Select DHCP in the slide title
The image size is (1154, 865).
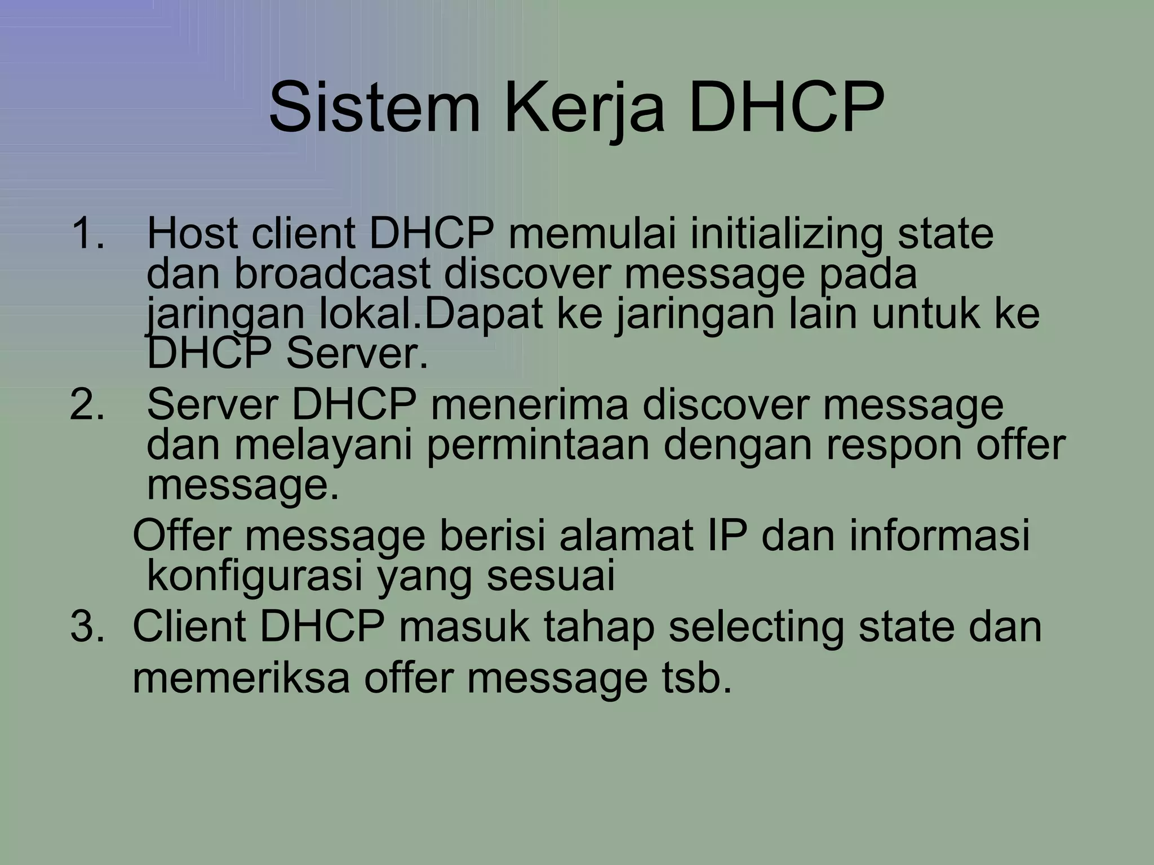tap(785, 106)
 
